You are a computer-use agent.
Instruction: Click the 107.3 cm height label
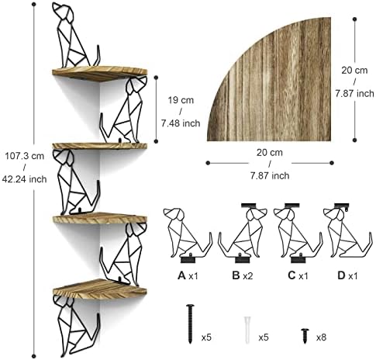25,156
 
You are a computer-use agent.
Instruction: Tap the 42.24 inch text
25,179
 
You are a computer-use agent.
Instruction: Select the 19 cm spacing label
181,100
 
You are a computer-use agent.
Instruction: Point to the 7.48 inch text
181,123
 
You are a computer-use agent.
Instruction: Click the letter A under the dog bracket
181,275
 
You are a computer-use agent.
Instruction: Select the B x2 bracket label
243,275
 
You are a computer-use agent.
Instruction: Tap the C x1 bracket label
298,275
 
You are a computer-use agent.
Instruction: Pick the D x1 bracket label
347,275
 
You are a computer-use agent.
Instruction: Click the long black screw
190,324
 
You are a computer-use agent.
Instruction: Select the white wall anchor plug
247,330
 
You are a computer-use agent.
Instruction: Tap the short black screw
305,336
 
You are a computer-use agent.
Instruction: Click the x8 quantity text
321,337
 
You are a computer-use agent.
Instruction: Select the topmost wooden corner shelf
100,74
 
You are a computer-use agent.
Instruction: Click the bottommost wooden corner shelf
100,289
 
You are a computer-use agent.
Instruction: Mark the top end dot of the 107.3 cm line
33,5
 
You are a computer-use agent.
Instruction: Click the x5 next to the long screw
206,337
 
